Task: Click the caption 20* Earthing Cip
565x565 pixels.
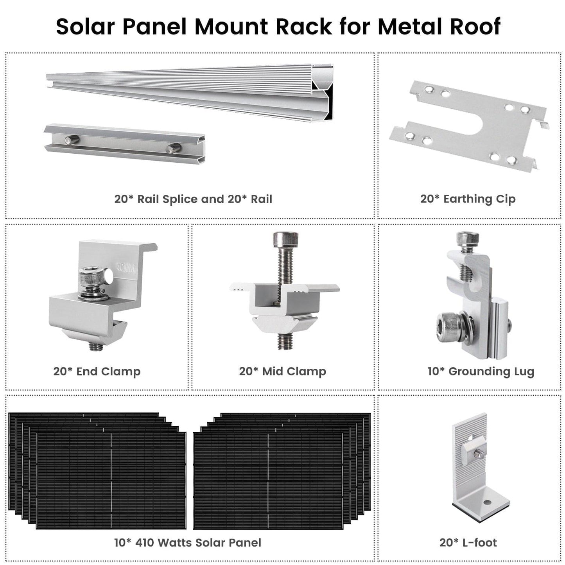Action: [x=468, y=199]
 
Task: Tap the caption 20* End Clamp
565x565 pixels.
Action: [x=97, y=371]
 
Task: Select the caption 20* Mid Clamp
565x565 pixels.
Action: [x=282, y=371]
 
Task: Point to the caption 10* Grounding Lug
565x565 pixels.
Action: [x=481, y=371]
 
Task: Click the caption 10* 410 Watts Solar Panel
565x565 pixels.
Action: [x=188, y=542]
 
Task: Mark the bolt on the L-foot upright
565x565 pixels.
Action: [x=477, y=454]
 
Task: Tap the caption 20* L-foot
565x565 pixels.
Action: [x=468, y=542]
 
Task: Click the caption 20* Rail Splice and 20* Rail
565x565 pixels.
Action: [x=193, y=199]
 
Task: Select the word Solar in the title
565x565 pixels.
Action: [x=86, y=27]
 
